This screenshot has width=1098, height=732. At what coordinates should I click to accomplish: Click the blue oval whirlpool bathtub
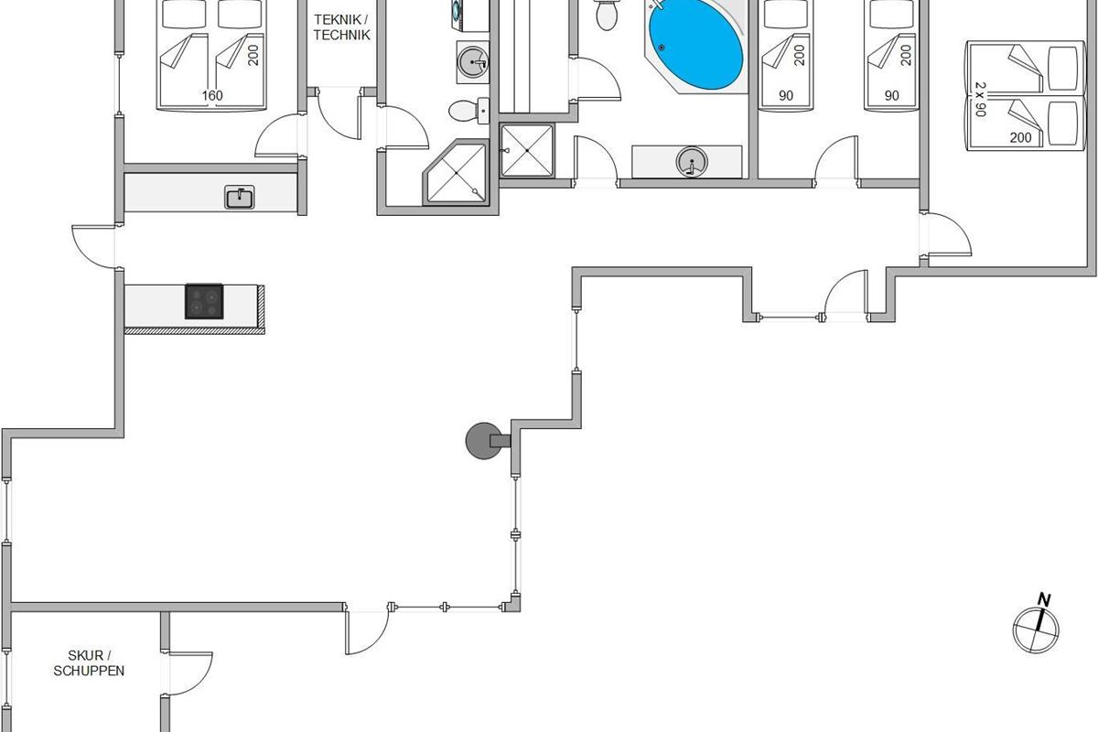coord(695,46)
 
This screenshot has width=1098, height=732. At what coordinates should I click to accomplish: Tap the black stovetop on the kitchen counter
coord(204,301)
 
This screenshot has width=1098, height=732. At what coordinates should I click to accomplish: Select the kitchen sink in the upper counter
coord(239,197)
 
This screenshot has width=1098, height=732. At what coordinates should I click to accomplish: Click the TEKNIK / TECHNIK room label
coord(341,27)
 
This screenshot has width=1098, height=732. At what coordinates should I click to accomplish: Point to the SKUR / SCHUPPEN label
coord(89,662)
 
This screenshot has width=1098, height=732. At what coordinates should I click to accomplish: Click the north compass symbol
coord(1036,629)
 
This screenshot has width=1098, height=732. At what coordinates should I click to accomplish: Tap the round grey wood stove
coord(484,441)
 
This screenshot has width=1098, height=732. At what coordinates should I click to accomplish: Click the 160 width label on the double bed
coord(212,95)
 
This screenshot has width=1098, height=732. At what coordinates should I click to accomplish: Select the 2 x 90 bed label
coord(980,99)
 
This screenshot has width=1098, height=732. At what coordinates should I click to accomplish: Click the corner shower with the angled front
coord(457,172)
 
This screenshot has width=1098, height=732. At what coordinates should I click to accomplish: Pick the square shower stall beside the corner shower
coord(527,150)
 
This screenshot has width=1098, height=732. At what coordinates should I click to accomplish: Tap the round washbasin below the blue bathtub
coord(692,161)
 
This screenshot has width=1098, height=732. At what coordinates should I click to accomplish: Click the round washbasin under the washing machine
coord(473,62)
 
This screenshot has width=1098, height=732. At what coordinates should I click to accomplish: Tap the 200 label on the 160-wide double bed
coord(253,55)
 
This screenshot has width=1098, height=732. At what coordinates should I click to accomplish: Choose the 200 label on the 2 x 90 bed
coord(1020,138)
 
